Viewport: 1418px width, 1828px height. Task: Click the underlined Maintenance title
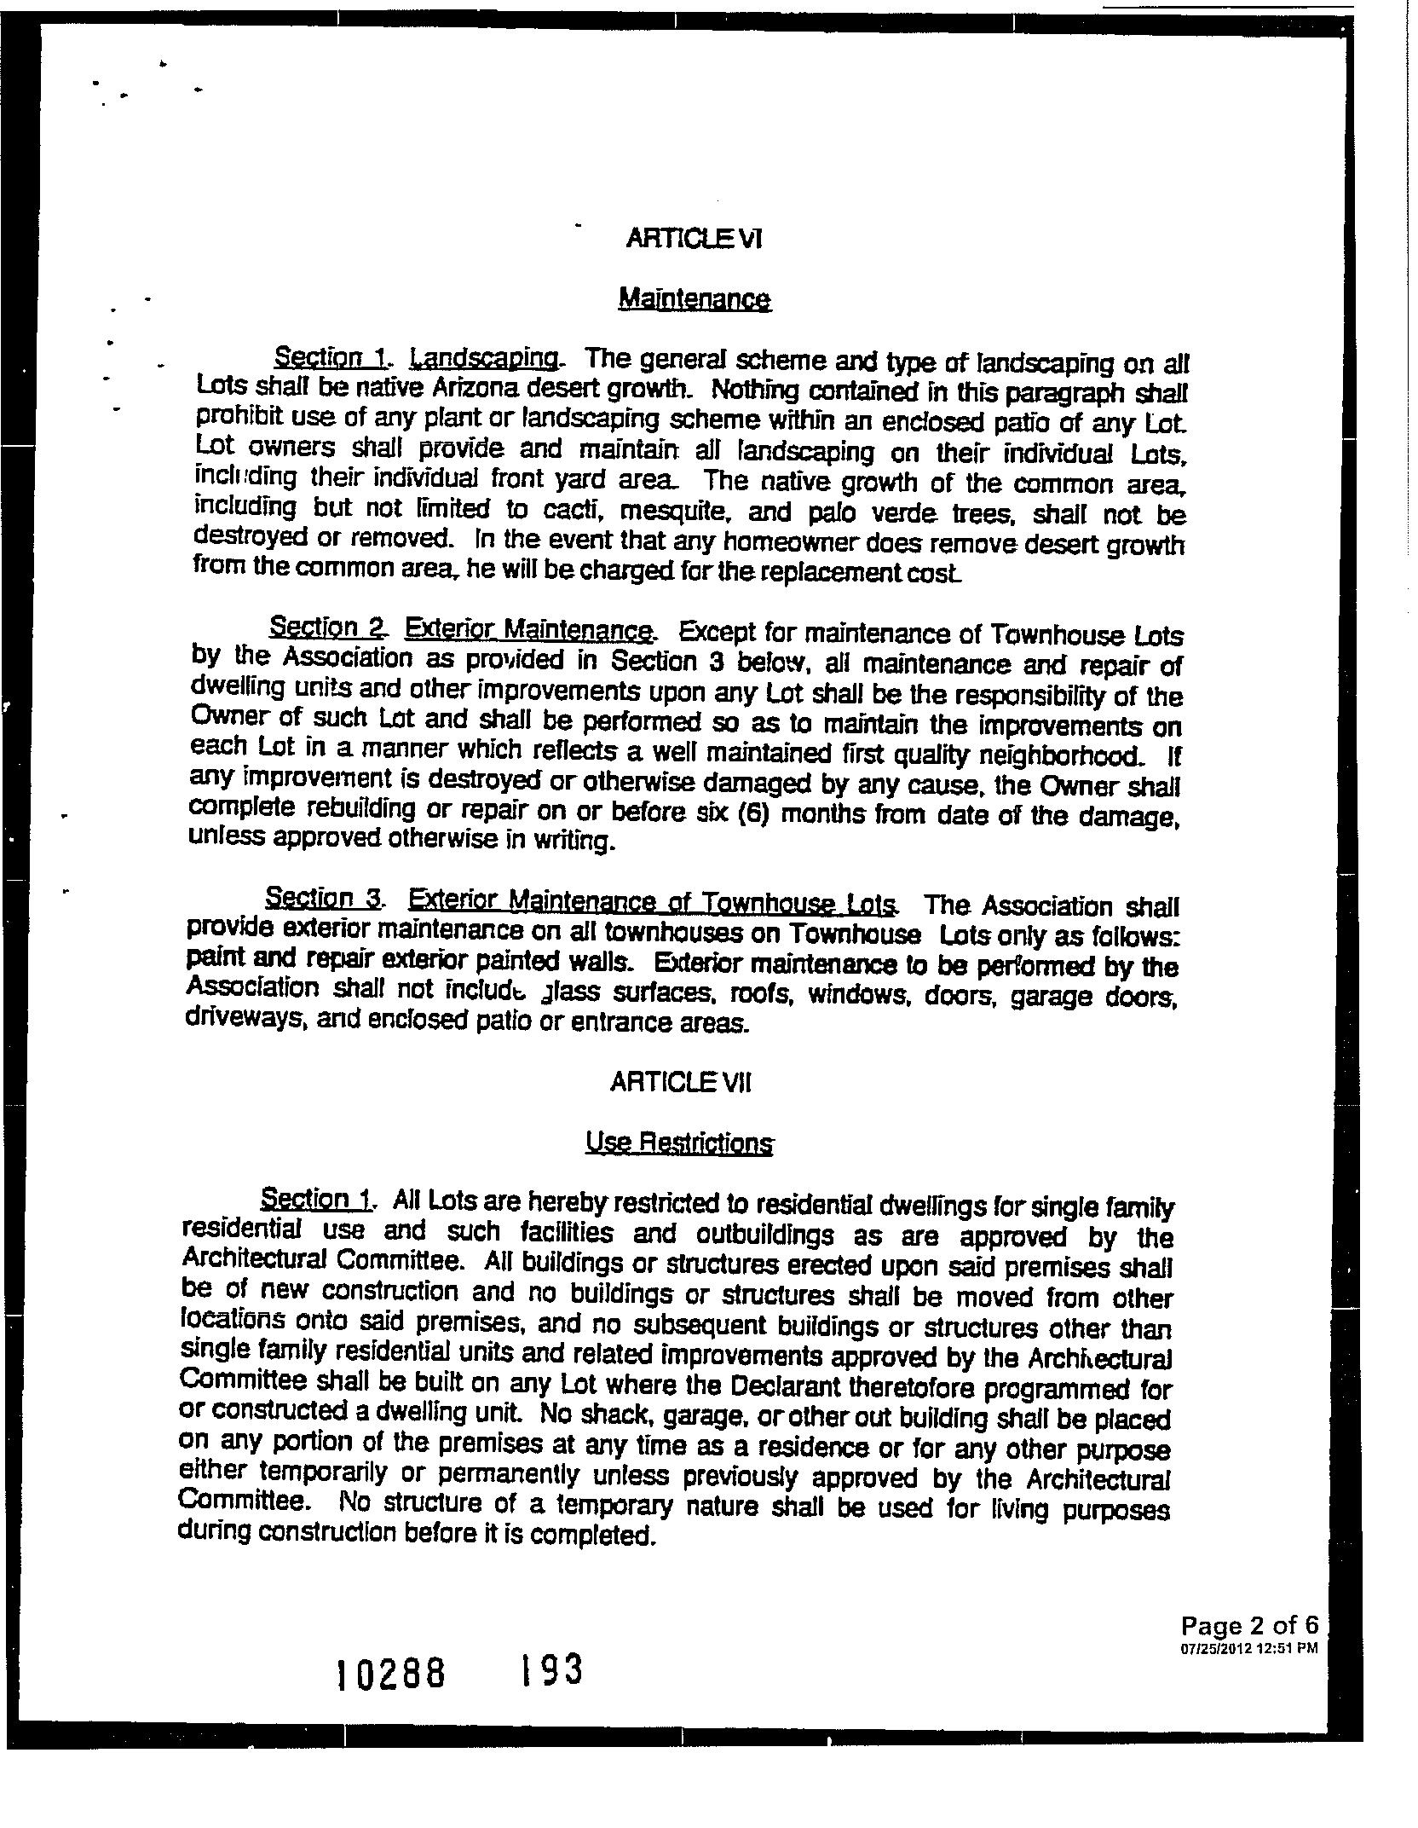pos(695,299)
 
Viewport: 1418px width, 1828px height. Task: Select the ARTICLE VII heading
pos(682,1083)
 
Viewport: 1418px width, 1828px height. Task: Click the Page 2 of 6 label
pos(1249,1625)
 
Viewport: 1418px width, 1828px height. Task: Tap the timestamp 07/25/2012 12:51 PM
pos(1249,1648)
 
